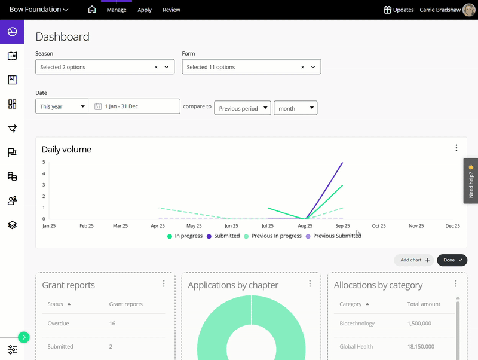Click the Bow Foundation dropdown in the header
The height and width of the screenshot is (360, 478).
[x=39, y=10]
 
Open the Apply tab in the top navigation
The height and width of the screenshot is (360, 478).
[x=145, y=10]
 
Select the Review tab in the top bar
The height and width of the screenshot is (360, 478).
[x=171, y=10]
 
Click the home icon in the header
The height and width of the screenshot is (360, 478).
[x=91, y=10]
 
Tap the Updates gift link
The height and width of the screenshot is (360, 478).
[x=399, y=10]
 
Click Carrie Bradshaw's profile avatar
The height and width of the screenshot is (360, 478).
[x=469, y=10]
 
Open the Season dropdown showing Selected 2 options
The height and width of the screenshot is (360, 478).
[x=105, y=67]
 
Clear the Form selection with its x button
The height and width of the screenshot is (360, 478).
[x=302, y=67]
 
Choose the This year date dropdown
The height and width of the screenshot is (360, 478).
[x=62, y=106]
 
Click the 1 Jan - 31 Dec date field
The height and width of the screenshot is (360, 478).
[x=134, y=106]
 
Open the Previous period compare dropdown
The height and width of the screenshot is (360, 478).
[x=242, y=108]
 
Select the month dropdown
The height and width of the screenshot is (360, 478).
[x=295, y=108]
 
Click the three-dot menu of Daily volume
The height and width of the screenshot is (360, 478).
[x=456, y=148]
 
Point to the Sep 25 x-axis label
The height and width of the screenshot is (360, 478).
[x=342, y=226]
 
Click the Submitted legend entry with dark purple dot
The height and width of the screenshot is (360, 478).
[x=223, y=236]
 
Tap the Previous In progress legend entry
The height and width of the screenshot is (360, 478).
[x=273, y=236]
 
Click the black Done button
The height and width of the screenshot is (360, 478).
[x=452, y=260]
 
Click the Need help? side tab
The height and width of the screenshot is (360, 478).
[x=471, y=181]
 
